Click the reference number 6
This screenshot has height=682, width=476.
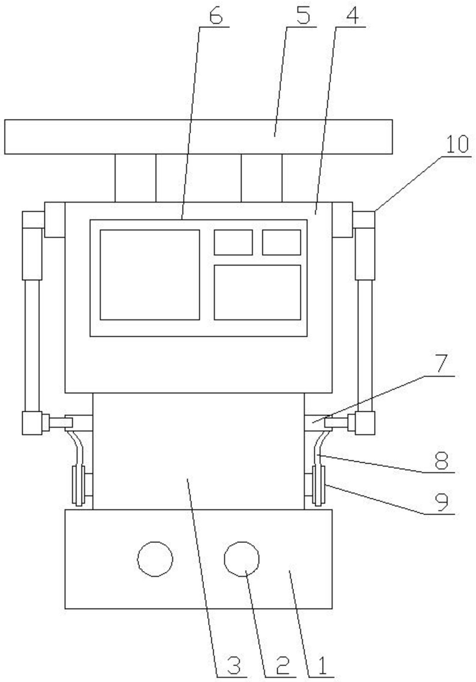pos(216,16)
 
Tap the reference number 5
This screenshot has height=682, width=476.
pos(303,16)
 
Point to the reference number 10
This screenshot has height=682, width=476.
pos(456,145)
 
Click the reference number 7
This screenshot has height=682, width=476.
pos(441,364)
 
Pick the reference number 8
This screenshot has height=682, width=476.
pos(441,460)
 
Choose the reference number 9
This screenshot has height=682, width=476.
pos(441,503)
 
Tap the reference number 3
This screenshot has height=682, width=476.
pos(234,666)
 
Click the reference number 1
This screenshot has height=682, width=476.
pos(321,666)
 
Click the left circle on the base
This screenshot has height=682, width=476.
pos(155,559)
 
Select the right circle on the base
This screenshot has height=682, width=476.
pos(241,559)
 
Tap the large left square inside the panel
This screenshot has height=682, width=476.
pos(149,274)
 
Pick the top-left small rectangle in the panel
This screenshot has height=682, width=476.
pos(233,242)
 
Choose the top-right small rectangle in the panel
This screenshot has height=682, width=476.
pos(282,242)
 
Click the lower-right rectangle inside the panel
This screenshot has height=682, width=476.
pos(258,292)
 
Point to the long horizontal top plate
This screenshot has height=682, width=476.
pos(199,136)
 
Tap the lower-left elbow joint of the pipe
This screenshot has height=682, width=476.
pos(32,423)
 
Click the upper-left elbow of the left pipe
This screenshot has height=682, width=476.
pos(33,219)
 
